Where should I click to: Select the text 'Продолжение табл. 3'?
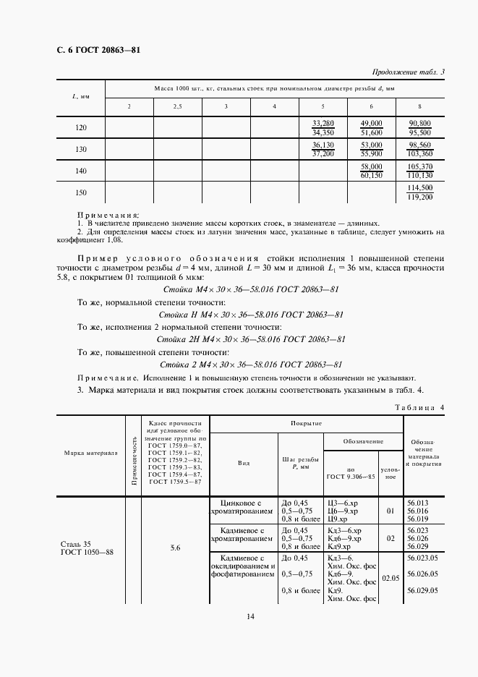tap(409, 72)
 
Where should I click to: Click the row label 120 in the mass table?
tap(81, 128)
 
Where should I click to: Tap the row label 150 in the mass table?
tap(81, 192)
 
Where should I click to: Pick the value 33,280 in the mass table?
tap(323, 123)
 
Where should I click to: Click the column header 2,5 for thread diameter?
tap(177, 107)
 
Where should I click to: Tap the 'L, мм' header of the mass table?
tap(81, 97)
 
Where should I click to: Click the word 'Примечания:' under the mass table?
tap(108, 215)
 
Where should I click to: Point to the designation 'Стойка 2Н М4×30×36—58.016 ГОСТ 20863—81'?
tap(250, 339)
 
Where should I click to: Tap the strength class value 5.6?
tap(175, 548)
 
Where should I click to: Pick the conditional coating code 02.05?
tap(390, 579)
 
